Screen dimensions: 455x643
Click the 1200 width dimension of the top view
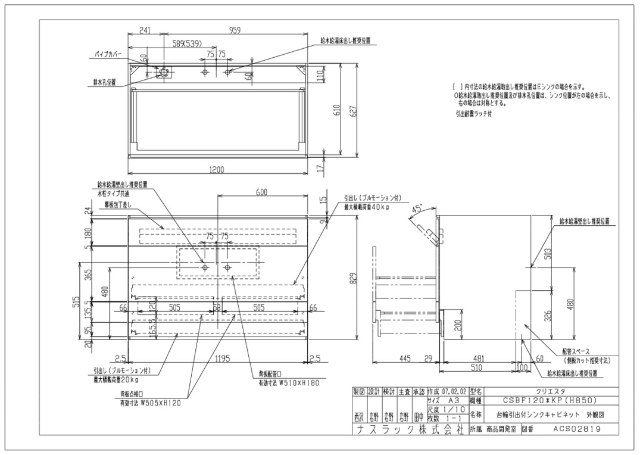pos(217,170)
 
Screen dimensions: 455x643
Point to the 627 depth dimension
pos(354,110)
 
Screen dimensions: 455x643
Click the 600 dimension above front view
pos(261,192)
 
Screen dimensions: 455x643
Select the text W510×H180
pos(294,384)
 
